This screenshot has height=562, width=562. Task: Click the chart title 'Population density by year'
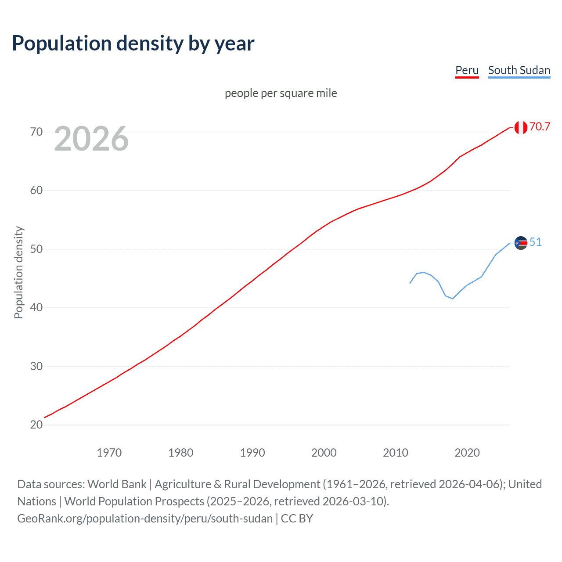click(133, 43)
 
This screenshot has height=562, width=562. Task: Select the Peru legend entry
click(467, 70)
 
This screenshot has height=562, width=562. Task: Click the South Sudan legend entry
click(519, 70)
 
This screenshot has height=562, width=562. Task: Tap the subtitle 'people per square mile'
click(281, 93)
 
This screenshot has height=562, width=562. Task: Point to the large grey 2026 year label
click(91, 139)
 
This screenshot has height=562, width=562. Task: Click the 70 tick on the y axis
click(36, 132)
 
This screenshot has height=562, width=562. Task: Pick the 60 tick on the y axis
click(36, 191)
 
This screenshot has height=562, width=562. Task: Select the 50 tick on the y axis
click(36, 249)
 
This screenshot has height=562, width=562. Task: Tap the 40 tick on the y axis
click(36, 307)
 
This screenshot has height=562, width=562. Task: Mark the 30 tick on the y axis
click(36, 366)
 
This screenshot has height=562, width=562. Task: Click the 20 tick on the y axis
click(36, 425)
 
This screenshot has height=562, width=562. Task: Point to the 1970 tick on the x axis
click(109, 453)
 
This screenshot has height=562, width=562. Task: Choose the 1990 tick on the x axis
click(252, 453)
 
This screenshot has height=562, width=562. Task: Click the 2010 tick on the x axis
click(396, 453)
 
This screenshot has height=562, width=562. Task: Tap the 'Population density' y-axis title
click(18, 272)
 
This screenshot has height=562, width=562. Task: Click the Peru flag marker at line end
click(521, 127)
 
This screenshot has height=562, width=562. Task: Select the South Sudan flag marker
click(521, 243)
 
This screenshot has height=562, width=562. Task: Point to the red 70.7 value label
click(540, 126)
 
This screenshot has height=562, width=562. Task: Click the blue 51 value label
click(535, 242)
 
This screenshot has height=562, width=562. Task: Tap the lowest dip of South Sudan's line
click(452, 299)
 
